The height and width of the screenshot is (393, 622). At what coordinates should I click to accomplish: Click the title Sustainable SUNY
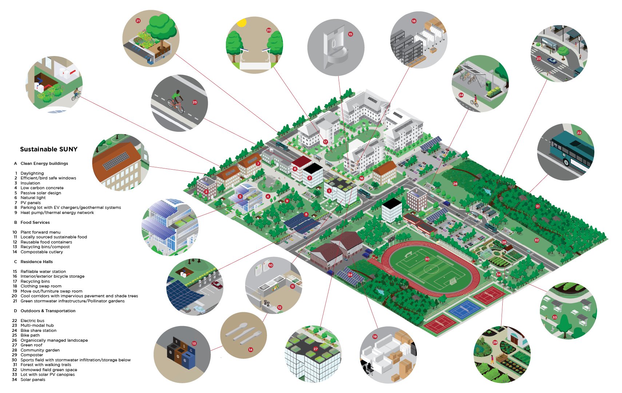[x=49, y=149]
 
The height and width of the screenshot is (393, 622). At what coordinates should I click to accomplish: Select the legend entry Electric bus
[x=32, y=321]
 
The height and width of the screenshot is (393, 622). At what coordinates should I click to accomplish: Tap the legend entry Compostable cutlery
[x=41, y=252]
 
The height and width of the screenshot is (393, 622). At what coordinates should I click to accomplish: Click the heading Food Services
[x=35, y=222]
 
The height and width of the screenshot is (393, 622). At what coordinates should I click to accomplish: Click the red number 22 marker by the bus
[x=579, y=133]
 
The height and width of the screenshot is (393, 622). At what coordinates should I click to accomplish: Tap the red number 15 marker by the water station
[x=350, y=34]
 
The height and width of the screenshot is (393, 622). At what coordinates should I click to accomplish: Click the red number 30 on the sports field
[x=427, y=259]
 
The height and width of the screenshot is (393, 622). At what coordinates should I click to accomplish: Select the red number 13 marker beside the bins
[x=194, y=344]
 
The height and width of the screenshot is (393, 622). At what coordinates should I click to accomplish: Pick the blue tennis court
[x=465, y=310]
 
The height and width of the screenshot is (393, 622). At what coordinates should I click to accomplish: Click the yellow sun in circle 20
[x=242, y=23]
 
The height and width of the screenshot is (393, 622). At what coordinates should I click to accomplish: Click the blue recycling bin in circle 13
[x=188, y=358]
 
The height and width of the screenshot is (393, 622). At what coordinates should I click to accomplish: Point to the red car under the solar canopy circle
[x=217, y=285]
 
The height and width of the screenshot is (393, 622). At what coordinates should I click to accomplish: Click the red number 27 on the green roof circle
[x=315, y=349]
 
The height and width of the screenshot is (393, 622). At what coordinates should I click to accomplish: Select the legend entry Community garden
[x=40, y=350]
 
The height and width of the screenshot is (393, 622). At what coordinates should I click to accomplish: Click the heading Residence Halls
[x=36, y=262]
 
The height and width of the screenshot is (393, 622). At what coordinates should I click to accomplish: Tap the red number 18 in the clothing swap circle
[x=414, y=21]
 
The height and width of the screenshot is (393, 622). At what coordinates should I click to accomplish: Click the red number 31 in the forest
[x=537, y=206]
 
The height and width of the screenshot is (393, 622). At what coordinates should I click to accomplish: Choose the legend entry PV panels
[x=31, y=203]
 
